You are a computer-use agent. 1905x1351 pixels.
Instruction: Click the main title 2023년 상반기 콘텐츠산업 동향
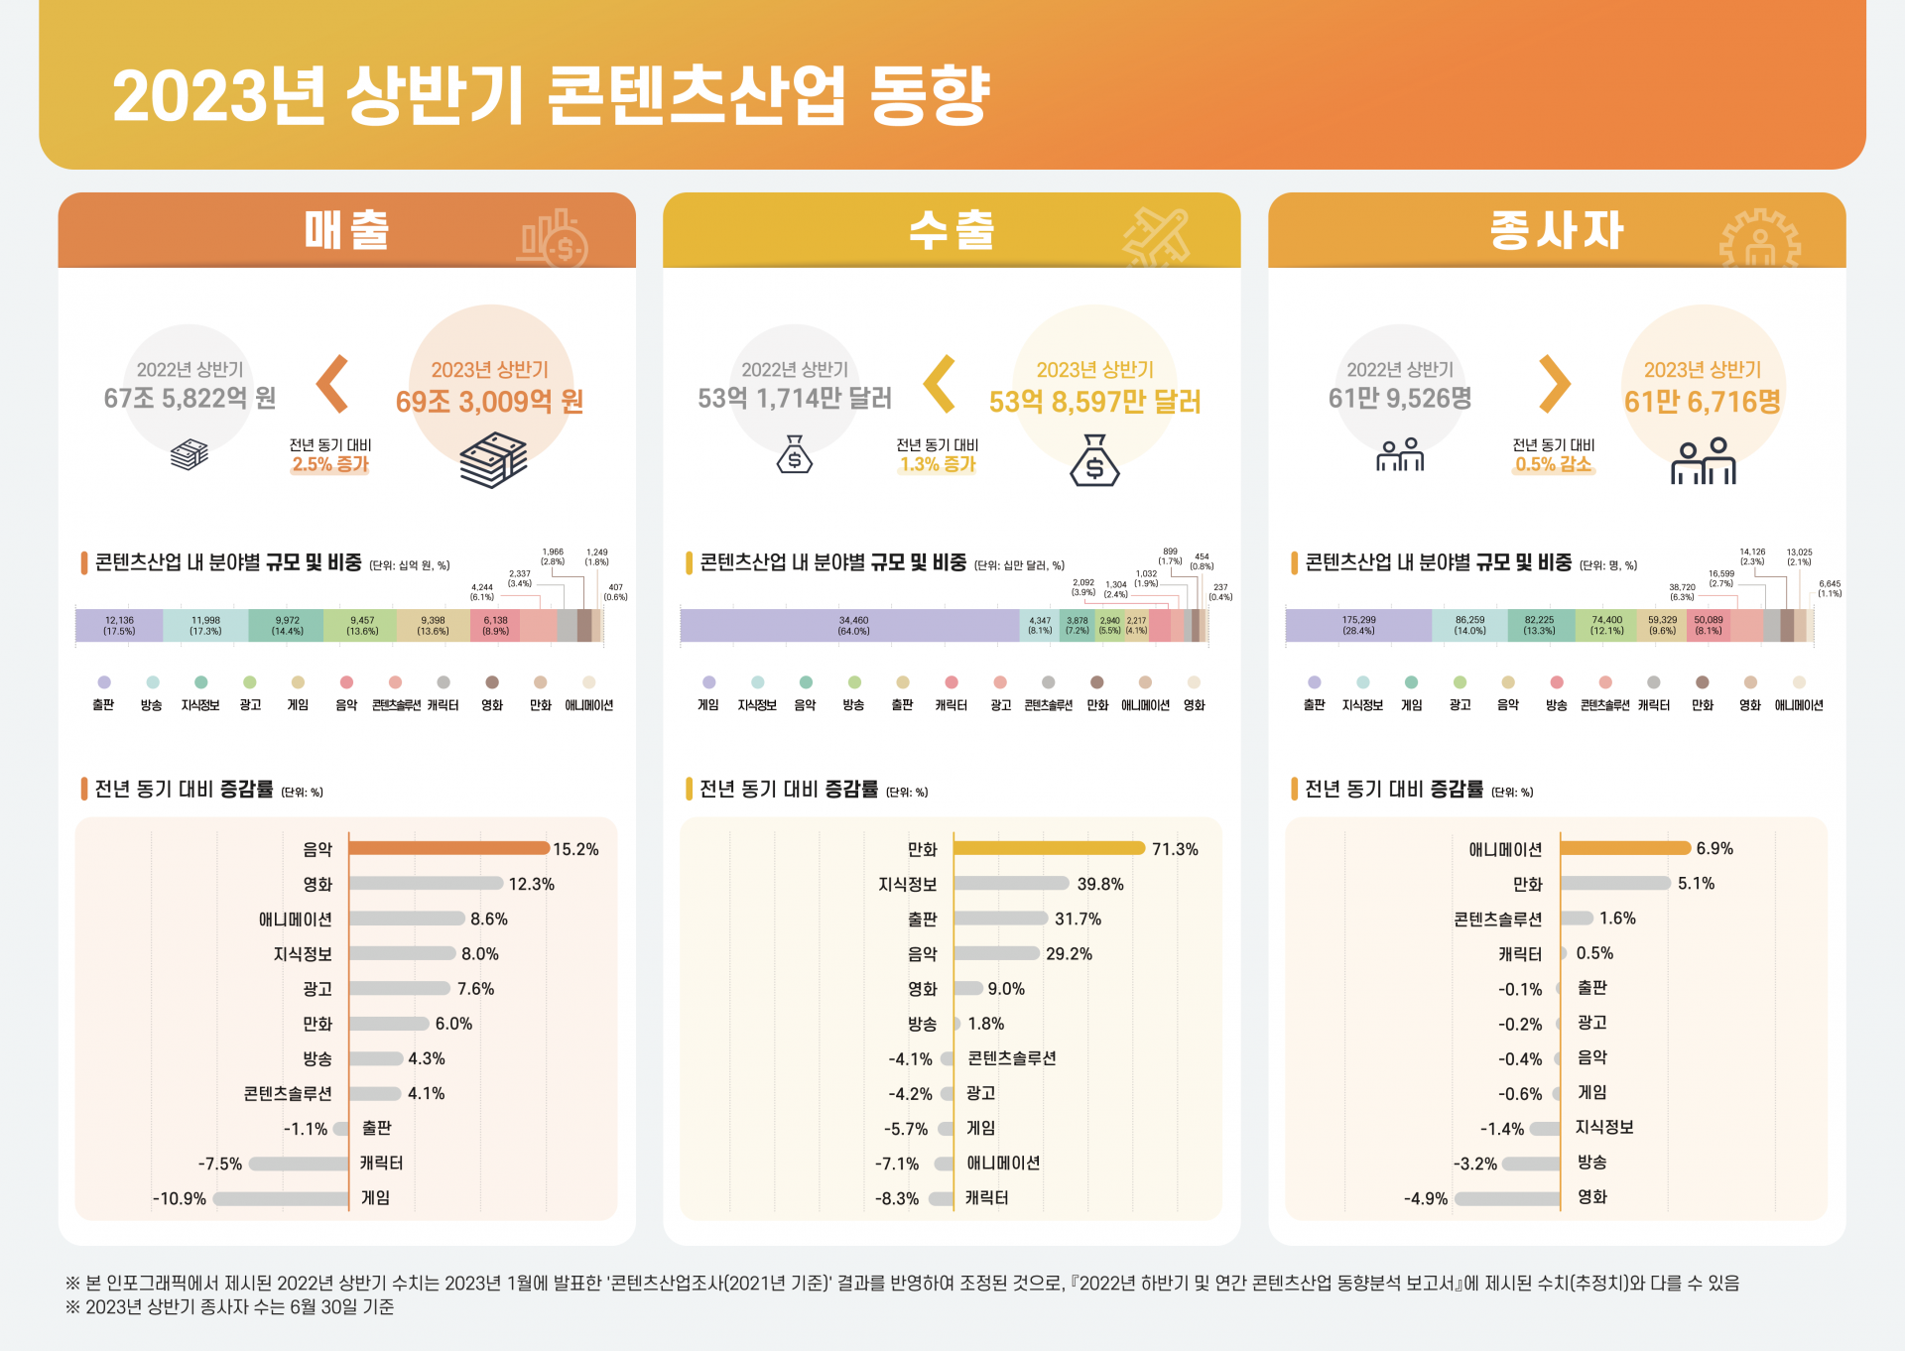point(551,96)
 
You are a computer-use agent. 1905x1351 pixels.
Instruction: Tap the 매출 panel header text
point(346,230)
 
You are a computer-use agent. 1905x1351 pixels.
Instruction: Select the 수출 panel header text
point(952,230)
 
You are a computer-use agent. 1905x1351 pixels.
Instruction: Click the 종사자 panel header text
point(1556,230)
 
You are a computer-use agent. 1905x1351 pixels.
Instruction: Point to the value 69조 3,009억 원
point(489,402)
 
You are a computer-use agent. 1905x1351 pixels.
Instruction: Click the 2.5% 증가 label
point(329,464)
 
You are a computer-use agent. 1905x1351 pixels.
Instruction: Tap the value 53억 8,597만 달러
point(1094,402)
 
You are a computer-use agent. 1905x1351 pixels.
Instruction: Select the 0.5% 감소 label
point(1553,464)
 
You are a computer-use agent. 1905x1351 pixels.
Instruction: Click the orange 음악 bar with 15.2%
point(448,848)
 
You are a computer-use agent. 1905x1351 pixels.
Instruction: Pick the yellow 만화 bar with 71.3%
point(1049,848)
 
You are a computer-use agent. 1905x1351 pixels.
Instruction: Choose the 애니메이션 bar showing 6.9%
point(1625,848)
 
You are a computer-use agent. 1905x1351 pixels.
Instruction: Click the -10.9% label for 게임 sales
point(180,1198)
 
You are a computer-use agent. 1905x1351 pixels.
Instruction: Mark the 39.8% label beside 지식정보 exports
point(1100,884)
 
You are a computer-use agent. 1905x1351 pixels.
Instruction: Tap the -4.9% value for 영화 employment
point(1426,1198)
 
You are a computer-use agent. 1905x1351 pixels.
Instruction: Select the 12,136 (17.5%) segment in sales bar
point(119,626)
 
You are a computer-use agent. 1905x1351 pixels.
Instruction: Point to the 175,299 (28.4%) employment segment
point(1358,626)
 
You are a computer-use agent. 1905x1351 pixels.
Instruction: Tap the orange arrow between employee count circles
point(1554,384)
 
